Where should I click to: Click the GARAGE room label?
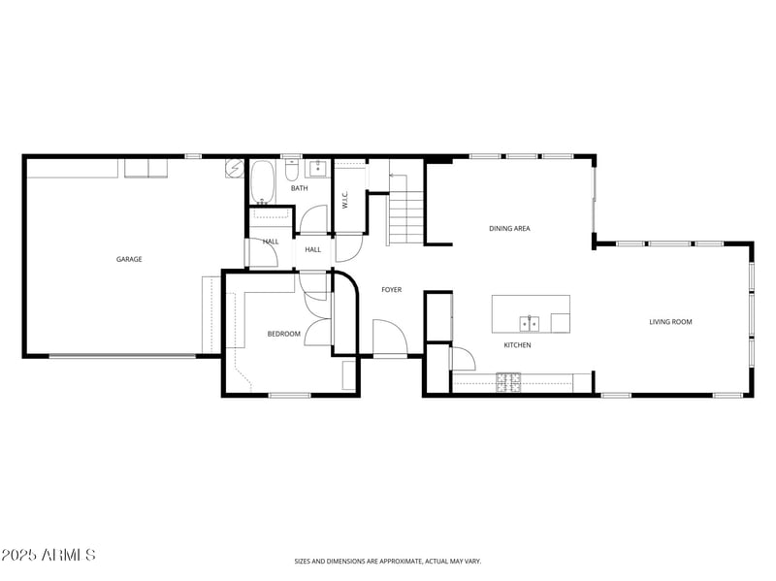click(129, 259)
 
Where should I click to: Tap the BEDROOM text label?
click(284, 334)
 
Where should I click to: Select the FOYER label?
click(391, 290)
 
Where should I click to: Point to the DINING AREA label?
click(509, 228)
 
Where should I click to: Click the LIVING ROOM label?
click(670, 322)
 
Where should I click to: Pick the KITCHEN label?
click(517, 345)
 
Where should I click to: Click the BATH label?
click(300, 188)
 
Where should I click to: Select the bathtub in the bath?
click(262, 182)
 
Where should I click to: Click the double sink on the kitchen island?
click(529, 323)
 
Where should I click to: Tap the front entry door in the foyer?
click(390, 340)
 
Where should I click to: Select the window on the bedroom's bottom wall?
click(289, 395)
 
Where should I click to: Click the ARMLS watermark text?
click(48, 556)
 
